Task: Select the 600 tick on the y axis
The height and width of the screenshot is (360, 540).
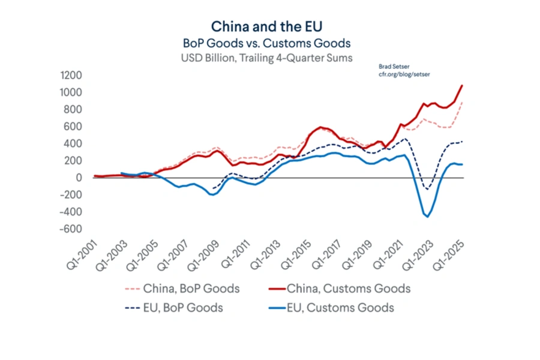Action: pyautogui.click(x=74, y=127)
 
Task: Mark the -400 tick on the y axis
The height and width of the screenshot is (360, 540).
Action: pyautogui.click(x=72, y=212)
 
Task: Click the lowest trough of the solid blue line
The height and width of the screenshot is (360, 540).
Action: pyautogui.click(x=428, y=217)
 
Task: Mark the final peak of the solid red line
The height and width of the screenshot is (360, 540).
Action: pyautogui.click(x=462, y=85)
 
